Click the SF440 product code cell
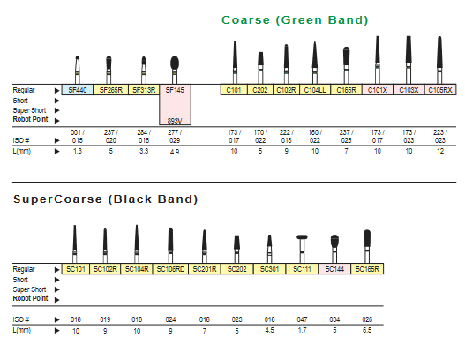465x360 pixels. [78, 90]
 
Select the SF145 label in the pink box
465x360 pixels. [175, 90]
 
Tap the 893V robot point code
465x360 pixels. [175, 121]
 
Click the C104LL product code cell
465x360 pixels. [315, 90]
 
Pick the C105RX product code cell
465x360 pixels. [440, 90]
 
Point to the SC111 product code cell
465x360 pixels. [302, 269]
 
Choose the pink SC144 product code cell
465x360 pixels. [334, 269]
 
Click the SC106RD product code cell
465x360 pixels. [170, 269]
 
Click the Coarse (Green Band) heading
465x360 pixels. [295, 20]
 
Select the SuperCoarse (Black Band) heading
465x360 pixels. [105, 199]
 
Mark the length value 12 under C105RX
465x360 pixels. [440, 151]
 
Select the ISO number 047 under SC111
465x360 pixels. [302, 319]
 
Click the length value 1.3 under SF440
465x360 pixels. [78, 151]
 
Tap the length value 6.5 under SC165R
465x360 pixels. [367, 330]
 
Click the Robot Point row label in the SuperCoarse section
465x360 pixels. [30, 298]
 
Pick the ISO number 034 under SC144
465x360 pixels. [334, 319]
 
